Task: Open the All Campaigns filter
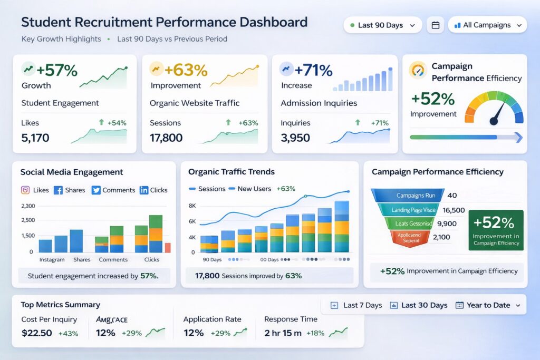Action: click(x=487, y=25)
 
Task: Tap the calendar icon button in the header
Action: click(x=435, y=25)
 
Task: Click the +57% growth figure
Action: click(x=57, y=70)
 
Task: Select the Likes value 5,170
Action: click(x=35, y=138)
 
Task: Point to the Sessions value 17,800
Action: click(x=166, y=138)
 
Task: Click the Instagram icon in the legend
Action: click(x=25, y=190)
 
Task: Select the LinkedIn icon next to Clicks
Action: click(x=144, y=190)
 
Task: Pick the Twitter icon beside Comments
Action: click(x=96, y=190)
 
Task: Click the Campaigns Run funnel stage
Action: click(x=409, y=196)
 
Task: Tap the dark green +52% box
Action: click(x=496, y=230)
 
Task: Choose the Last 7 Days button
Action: click(x=356, y=305)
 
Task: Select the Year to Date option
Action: click(x=488, y=305)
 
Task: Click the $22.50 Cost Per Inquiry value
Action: click(x=37, y=333)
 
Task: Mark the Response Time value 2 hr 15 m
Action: click(x=283, y=333)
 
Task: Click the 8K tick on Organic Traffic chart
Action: click(x=192, y=206)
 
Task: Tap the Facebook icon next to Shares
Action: click(x=58, y=190)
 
